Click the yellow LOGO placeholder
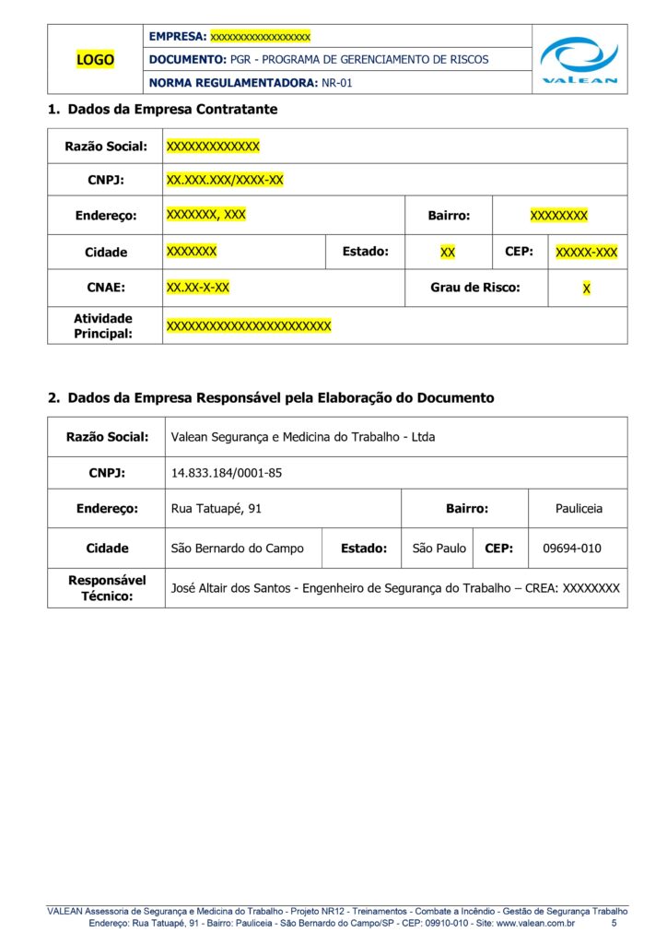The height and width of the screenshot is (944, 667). [95, 60]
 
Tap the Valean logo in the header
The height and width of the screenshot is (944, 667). [579, 60]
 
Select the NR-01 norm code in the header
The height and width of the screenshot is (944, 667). [337, 83]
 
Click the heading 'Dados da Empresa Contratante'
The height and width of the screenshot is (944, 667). [172, 109]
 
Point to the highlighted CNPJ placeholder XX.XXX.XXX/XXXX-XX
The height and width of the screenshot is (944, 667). [225, 180]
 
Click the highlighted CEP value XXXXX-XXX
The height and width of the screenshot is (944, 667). [587, 252]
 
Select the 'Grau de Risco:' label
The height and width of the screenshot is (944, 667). [475, 288]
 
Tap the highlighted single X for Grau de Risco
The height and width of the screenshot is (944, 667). [587, 289]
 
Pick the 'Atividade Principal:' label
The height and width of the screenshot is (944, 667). [103, 325]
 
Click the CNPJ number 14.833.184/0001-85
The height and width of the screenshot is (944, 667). [227, 473]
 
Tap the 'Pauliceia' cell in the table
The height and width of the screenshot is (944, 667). [579, 508]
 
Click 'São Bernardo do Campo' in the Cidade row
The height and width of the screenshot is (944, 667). [238, 548]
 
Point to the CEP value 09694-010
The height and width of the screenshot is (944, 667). [571, 548]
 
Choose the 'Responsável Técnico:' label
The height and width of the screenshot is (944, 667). [107, 588]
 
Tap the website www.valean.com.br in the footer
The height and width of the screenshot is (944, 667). [535, 923]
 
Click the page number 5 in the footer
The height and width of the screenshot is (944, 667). [614, 923]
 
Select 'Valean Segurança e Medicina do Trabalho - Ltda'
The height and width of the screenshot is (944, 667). [303, 437]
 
